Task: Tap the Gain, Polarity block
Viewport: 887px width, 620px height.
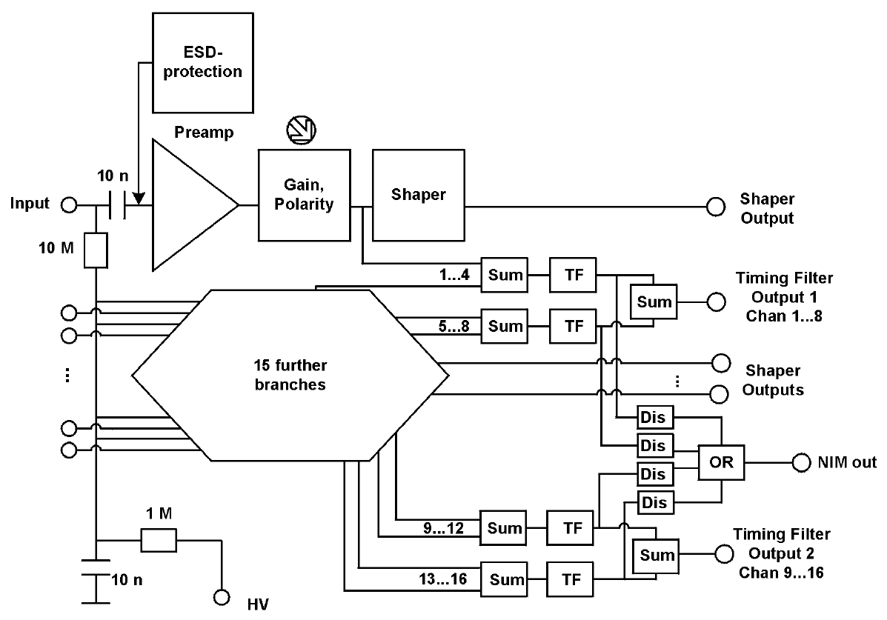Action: coord(304,195)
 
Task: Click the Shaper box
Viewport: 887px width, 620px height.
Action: coord(419,195)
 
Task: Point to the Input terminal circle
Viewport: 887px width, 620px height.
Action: coord(69,205)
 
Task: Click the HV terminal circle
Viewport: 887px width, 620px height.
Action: coord(221,597)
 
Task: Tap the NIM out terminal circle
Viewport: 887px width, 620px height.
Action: coord(801,463)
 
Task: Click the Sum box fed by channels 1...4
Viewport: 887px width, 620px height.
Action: coord(505,276)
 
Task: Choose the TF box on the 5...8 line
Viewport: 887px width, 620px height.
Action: coord(573,326)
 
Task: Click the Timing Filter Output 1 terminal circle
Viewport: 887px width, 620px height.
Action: coord(716,301)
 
